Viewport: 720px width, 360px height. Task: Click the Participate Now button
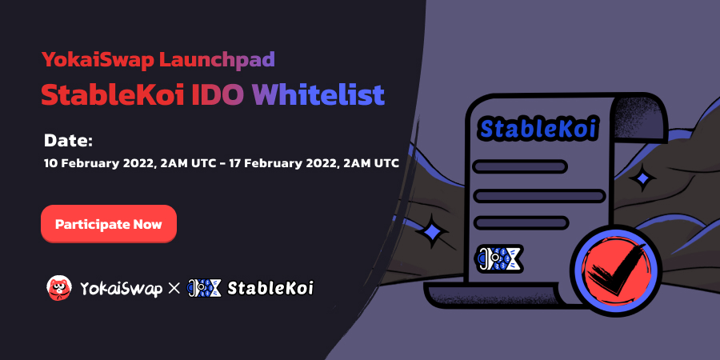coord(108,224)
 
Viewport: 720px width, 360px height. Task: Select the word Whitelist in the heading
coord(318,94)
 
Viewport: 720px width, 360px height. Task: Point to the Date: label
coord(69,141)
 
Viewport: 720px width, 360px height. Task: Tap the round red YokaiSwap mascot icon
coord(58,286)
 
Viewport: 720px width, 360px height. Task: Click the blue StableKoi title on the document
coord(538,127)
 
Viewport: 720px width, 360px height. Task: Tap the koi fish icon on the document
coord(499,258)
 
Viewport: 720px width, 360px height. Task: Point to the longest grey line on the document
coord(538,194)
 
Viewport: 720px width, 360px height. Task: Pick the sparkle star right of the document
coord(642,177)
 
